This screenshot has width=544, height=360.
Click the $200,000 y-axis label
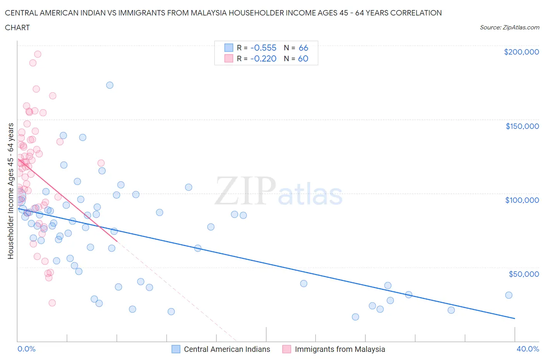coord(521,52)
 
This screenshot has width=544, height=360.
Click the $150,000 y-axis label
coord(522,126)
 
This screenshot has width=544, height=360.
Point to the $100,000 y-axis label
coord(522,200)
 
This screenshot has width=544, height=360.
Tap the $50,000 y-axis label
coord(523,274)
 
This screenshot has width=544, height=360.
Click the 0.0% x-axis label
coord(26,349)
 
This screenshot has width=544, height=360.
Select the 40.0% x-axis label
coord(528,349)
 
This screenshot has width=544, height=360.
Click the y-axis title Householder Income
coord(10,191)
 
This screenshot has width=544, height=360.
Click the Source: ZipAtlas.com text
coord(509,27)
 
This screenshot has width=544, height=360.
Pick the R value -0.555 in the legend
coord(263,48)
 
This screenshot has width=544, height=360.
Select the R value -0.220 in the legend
coord(263,58)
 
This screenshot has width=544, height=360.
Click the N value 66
coord(303,48)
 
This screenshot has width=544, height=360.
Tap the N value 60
coord(303,58)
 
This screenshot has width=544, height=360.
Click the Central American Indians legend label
coord(227,349)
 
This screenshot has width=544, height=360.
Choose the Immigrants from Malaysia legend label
coord(340,349)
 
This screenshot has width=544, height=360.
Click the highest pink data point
coord(38,54)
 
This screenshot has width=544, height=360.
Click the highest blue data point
coord(110,85)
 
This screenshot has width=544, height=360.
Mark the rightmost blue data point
coord(509,295)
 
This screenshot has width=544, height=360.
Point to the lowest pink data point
coord(52,303)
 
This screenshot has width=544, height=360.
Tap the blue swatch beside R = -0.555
coord(229,48)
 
